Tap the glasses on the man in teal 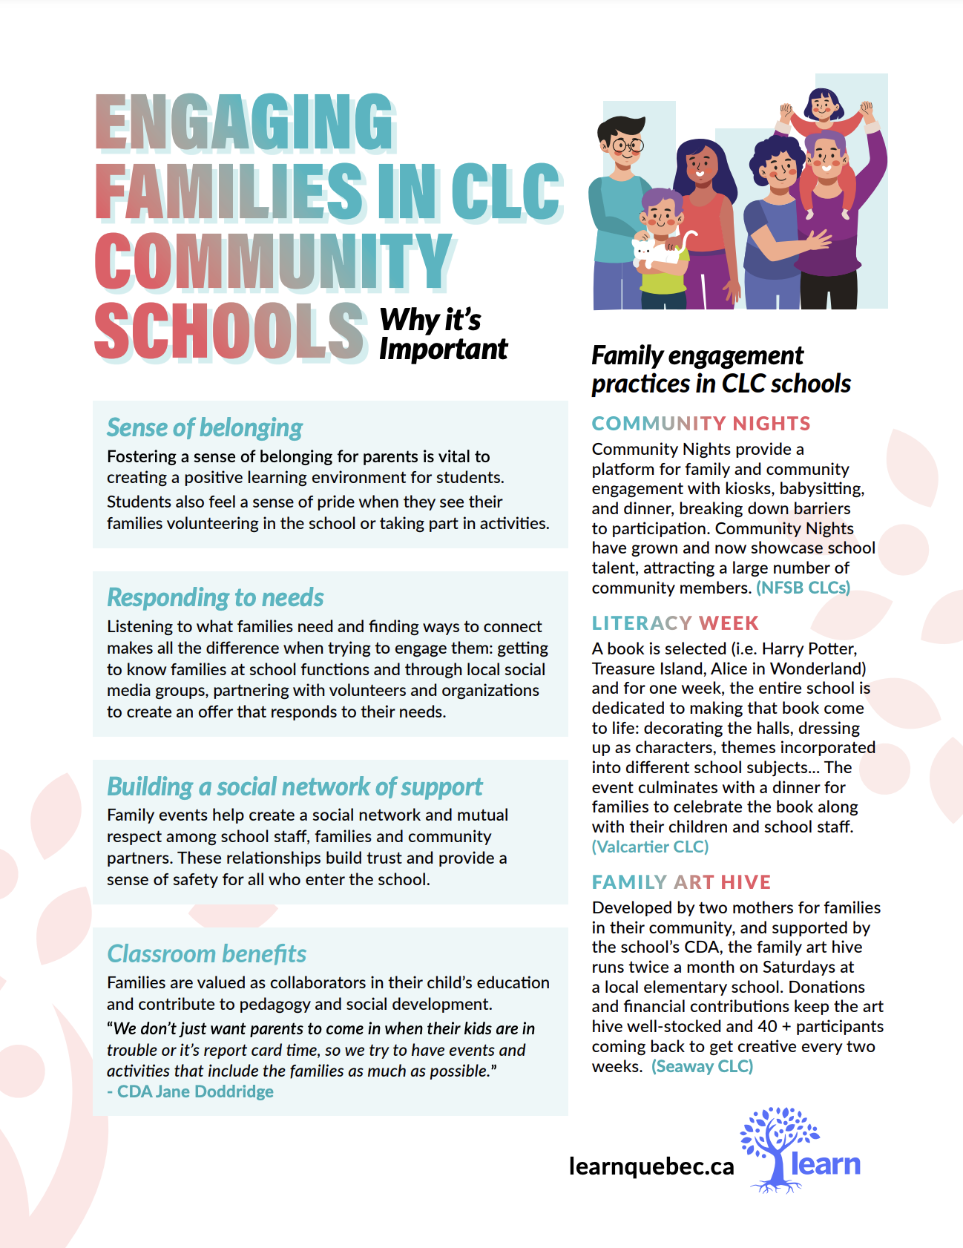pos(628,145)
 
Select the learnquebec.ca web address pos(651,1166)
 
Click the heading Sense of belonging pos(205,427)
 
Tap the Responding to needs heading pos(215,597)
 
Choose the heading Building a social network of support pos(295,786)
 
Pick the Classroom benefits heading pos(206,953)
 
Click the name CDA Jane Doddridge pos(195,1091)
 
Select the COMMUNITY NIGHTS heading pos(700,423)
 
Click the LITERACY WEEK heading pos(675,623)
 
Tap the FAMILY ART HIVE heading pos(681,881)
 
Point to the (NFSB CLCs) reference pos(803,588)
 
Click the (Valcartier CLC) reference pos(650,847)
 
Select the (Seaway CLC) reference pos(702,1066)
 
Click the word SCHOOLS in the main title pos(230,330)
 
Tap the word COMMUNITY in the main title pos(273,261)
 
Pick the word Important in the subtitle pos(443,349)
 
